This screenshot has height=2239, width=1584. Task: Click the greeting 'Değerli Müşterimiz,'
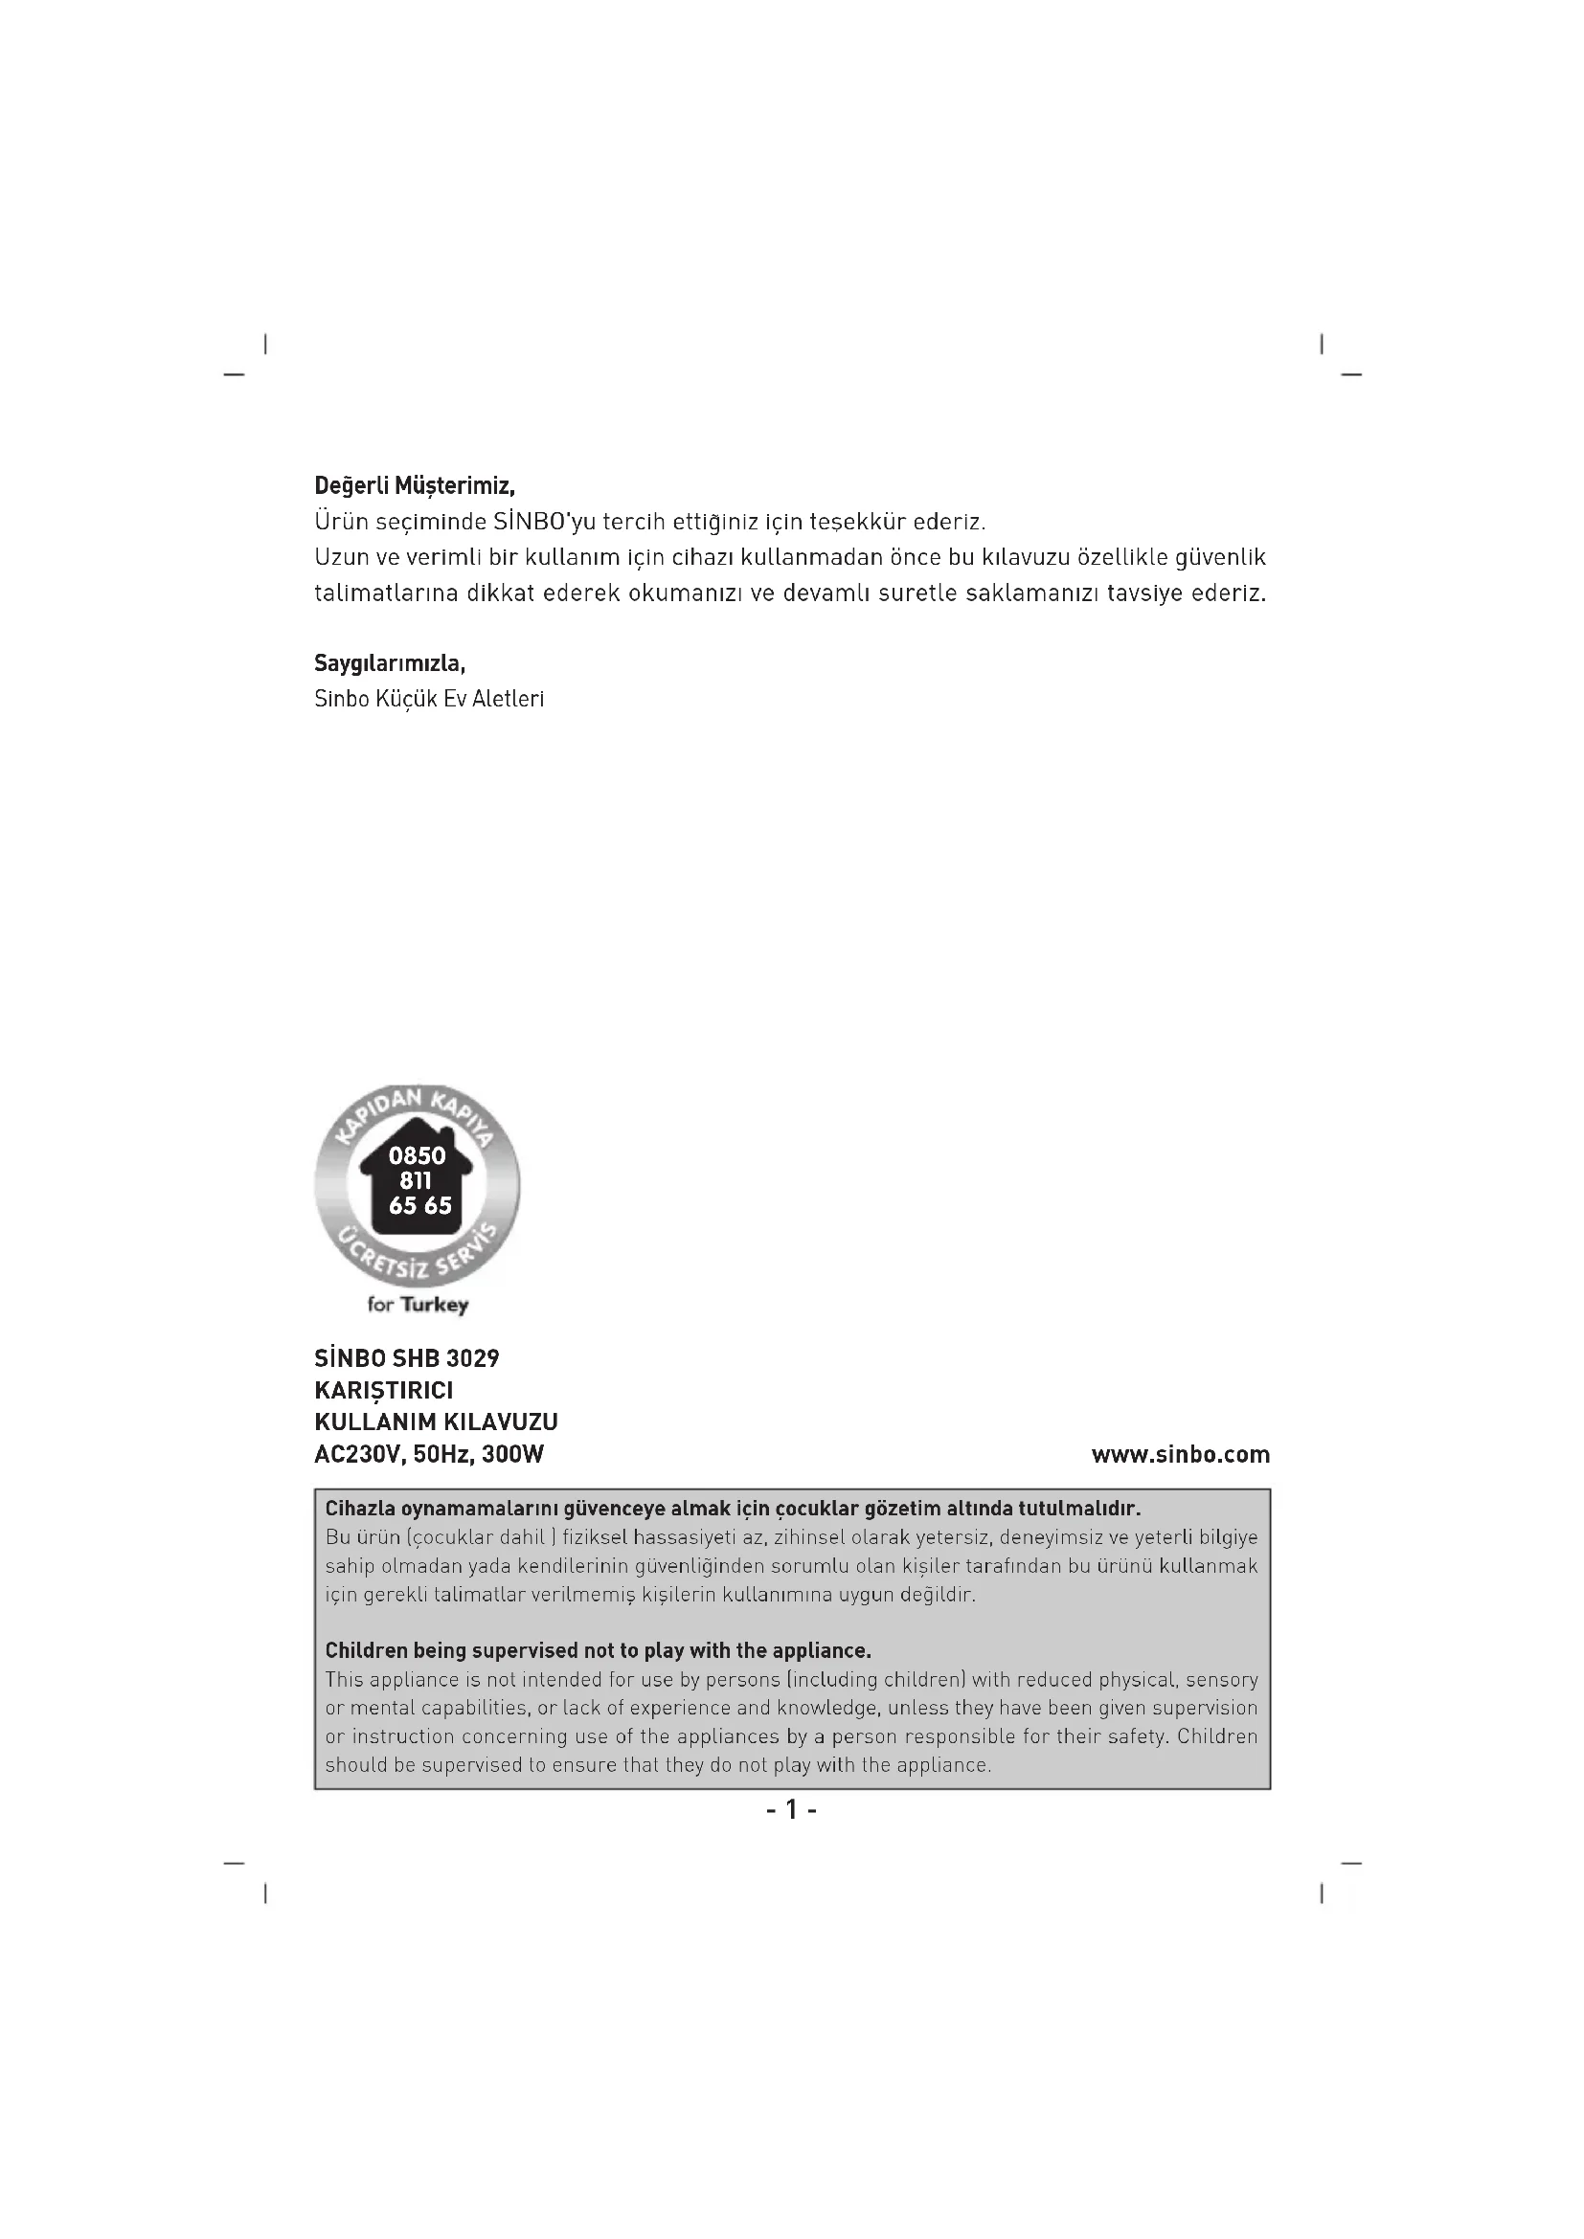coord(415,485)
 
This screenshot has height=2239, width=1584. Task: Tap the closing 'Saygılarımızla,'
coord(390,664)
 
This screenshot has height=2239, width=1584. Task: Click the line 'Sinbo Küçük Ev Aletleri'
coord(429,699)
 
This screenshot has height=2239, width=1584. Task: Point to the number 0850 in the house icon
coord(417,1155)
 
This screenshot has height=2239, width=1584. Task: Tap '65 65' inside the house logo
coord(420,1206)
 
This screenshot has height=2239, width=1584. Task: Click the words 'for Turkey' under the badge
coord(418,1305)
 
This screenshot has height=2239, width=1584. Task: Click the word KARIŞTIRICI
coord(383,1391)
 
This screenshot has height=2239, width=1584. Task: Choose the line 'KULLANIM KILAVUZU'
coord(436,1422)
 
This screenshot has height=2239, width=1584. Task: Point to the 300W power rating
coord(513,1455)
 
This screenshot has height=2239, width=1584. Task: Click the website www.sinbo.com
coord(1180,1455)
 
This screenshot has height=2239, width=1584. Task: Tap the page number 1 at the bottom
coord(791,1810)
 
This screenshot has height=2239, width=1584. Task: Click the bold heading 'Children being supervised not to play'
coord(598,1651)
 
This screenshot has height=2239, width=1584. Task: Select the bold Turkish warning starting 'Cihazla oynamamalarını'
coord(733,1509)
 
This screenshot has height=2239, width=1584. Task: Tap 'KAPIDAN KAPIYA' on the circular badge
coord(417,1110)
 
